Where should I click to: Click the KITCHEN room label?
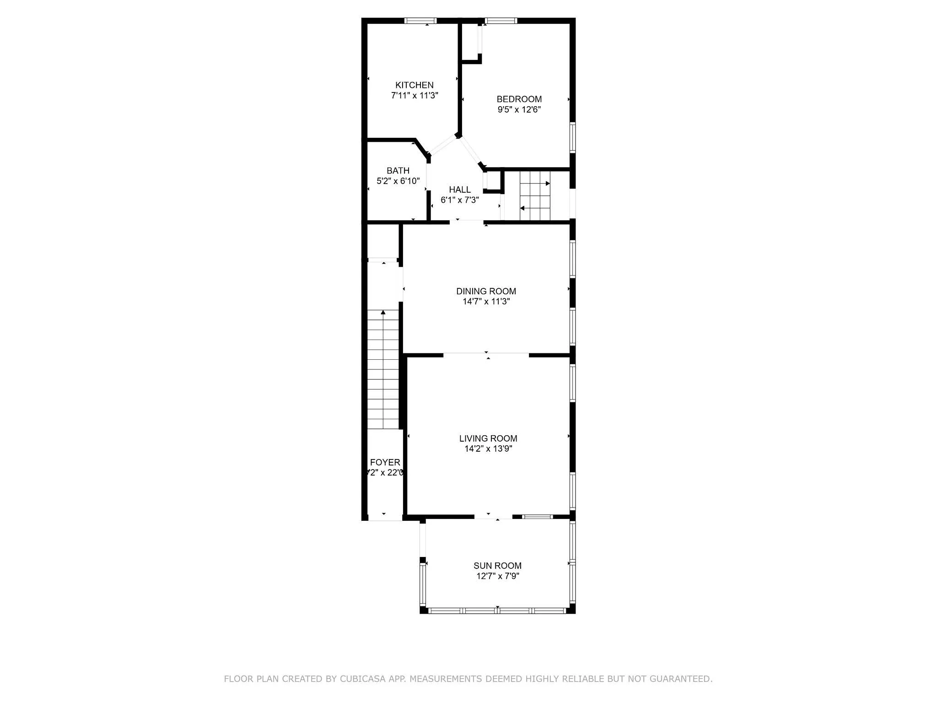[x=414, y=85]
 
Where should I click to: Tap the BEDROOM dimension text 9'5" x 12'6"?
[x=519, y=110]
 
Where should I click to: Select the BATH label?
[x=398, y=171]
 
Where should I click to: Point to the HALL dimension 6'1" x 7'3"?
[x=459, y=200]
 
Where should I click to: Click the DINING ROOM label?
[x=486, y=291]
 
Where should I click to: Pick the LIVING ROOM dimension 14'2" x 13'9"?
[x=488, y=449]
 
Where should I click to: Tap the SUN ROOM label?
[x=497, y=566]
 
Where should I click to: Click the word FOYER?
[x=385, y=462]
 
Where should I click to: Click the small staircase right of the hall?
[x=535, y=196]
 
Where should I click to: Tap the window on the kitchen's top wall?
[x=420, y=21]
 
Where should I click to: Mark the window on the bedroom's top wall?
[x=501, y=21]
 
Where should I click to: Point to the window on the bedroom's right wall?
[x=572, y=137]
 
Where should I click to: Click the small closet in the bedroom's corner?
[x=470, y=41]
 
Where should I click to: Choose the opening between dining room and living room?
[x=486, y=354]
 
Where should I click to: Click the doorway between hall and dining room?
[x=467, y=222]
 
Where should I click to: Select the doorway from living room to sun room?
[x=493, y=517]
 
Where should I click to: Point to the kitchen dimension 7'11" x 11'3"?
[x=415, y=96]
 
